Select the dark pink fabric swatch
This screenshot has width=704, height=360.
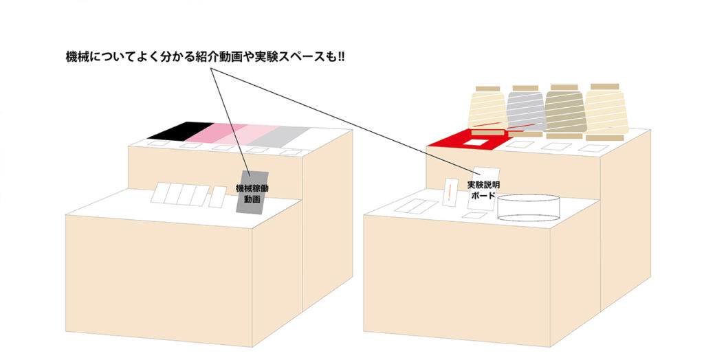(215, 133)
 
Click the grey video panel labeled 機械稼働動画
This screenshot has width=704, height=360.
(252, 193)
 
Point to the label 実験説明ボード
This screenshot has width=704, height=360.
(483, 190)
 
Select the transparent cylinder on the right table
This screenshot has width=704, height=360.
(529, 207)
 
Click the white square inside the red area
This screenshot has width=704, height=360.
(475, 143)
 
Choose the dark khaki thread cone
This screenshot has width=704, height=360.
(565, 109)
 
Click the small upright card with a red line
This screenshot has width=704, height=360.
(450, 192)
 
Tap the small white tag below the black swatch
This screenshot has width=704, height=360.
(159, 144)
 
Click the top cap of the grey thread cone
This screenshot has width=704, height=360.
(525, 88)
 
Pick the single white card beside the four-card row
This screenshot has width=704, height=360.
(218, 196)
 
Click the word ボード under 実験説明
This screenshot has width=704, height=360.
(483, 195)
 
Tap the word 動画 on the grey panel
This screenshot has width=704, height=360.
(252, 199)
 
